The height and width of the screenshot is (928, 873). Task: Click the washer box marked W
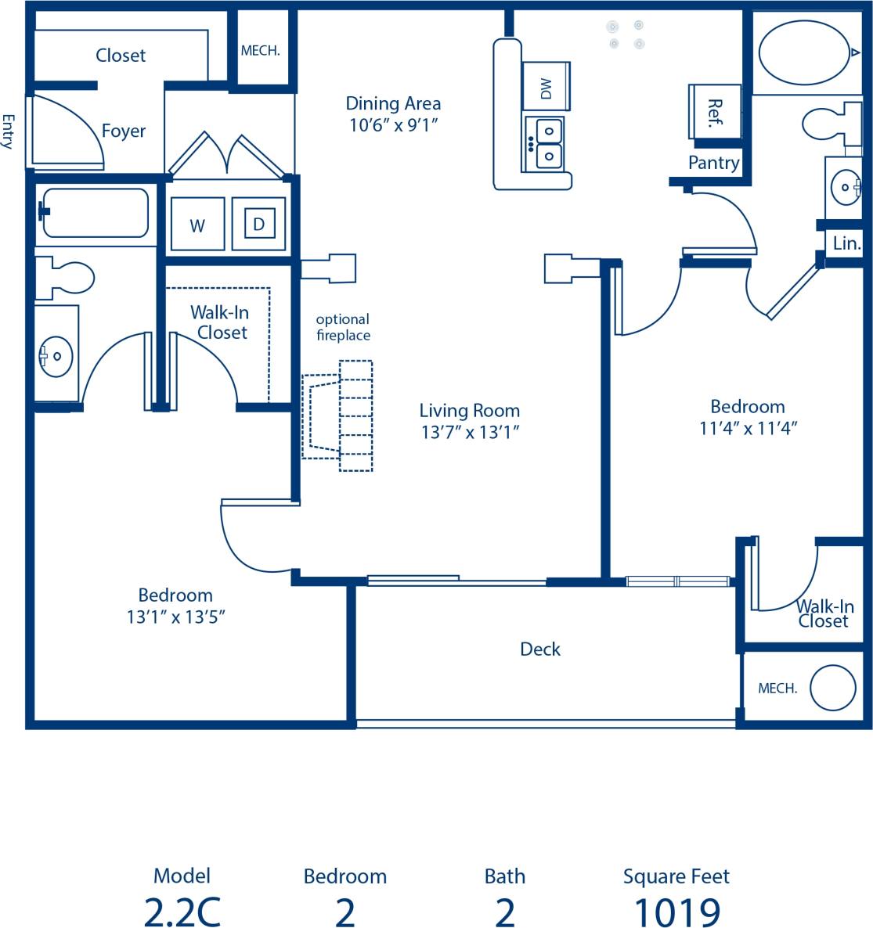(197, 225)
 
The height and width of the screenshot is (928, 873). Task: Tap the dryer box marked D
(258, 225)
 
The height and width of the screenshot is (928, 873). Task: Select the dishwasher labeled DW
(547, 87)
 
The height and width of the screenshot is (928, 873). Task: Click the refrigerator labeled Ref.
(713, 112)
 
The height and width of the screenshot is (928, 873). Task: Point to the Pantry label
(713, 163)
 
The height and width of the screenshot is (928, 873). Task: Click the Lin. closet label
(846, 243)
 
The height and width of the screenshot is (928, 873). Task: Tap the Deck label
(540, 649)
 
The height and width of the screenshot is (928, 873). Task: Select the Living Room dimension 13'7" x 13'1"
(470, 432)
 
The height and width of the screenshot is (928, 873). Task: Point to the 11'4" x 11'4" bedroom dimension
(748, 428)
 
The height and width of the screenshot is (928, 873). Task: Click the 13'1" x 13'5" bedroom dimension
(175, 617)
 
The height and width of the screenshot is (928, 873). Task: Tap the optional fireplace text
(343, 327)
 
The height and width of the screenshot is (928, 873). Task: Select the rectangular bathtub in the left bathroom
(96, 213)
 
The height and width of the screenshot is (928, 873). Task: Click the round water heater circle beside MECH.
(832, 688)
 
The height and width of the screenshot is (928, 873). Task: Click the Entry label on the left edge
(9, 131)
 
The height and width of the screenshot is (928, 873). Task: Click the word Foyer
(124, 131)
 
